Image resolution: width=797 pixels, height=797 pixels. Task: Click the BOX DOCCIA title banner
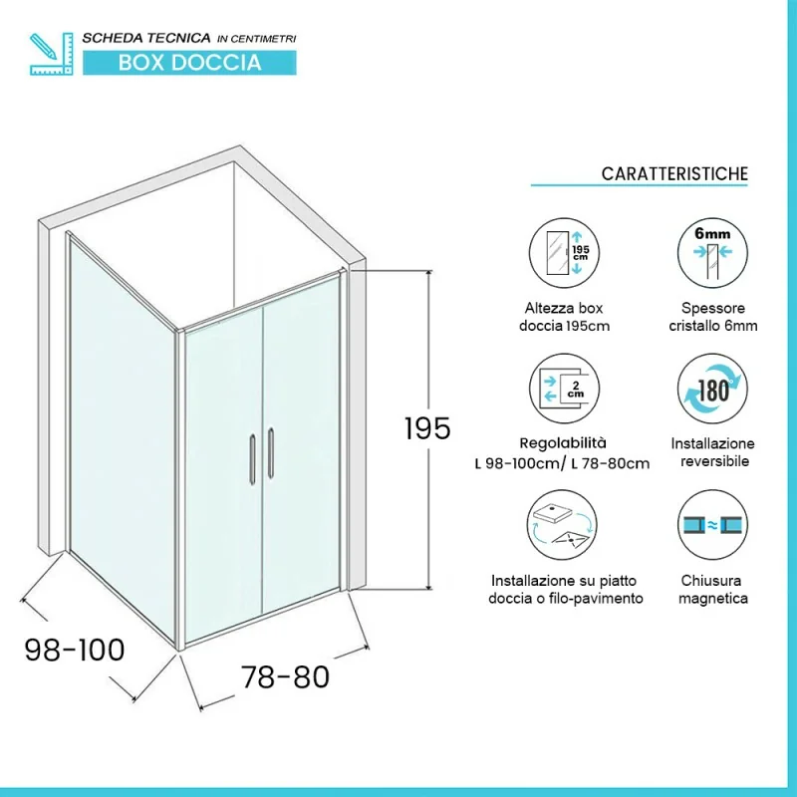tap(189, 63)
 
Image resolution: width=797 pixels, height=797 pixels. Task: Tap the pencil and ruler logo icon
tap(52, 54)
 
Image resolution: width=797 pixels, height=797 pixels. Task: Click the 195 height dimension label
tap(427, 428)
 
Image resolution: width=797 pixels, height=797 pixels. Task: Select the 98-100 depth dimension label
tap(75, 650)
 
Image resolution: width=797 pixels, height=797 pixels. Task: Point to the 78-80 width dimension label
tap(285, 676)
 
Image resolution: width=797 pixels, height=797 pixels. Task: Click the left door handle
tap(253, 459)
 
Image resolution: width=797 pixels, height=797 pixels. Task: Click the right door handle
tap(271, 453)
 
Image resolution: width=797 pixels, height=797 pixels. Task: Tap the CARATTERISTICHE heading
tap(674, 173)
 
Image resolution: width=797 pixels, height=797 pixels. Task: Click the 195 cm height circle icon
tap(564, 253)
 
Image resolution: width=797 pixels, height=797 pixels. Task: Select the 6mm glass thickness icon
tap(712, 253)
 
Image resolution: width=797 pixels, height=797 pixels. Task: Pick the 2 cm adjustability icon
tap(564, 389)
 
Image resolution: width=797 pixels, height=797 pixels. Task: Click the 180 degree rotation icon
tap(712, 389)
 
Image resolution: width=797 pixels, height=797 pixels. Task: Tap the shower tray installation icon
tap(562, 525)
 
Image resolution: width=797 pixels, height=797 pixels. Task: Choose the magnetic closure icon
tap(712, 525)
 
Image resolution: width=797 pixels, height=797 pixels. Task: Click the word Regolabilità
tap(563, 443)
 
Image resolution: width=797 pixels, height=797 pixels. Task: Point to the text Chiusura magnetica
tap(712, 589)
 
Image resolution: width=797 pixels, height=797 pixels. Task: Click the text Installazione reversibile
tap(712, 452)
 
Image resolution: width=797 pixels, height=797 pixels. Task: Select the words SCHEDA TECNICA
tap(146, 38)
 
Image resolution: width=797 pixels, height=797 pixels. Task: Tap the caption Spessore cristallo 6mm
tap(712, 317)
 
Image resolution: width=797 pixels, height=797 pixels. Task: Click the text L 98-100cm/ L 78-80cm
tap(562, 463)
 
